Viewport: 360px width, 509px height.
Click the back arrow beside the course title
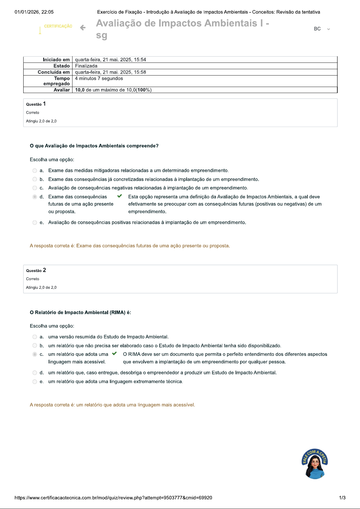[83, 28]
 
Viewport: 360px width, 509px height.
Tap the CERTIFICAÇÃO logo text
[58, 26]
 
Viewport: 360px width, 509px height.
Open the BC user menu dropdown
[322, 29]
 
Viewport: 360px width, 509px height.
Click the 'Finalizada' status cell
[86, 66]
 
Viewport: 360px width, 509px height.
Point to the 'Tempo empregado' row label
[57, 81]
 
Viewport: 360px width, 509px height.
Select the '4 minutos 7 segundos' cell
[99, 79]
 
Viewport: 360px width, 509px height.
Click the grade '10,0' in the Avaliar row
[80, 90]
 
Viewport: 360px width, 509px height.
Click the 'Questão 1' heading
[36, 104]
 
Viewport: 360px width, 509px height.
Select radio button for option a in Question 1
[35, 171]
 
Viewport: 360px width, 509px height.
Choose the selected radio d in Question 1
[35, 197]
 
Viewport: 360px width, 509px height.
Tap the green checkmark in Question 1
[120, 196]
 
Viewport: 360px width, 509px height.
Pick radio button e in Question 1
[35, 223]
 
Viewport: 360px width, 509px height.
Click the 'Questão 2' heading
[36, 270]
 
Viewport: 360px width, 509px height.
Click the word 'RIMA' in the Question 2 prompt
[117, 312]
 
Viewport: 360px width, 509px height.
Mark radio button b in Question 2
[35, 346]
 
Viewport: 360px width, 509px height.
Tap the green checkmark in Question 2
[114, 353]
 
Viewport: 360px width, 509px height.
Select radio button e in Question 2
[35, 382]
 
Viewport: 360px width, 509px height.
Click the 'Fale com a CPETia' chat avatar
[315, 464]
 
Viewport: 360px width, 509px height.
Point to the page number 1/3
[342, 498]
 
